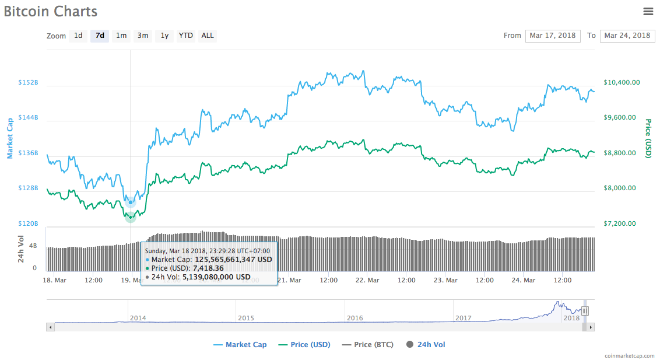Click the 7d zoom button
pyautogui.click(x=100, y=36)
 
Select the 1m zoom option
pyautogui.click(x=121, y=36)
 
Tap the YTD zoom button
pyautogui.click(x=185, y=36)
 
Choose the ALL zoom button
pyautogui.click(x=208, y=36)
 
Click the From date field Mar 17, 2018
pyautogui.click(x=552, y=36)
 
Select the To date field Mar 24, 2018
pyautogui.click(x=627, y=36)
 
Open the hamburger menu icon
pyautogui.click(x=648, y=11)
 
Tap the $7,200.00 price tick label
pyautogui.click(x=619, y=223)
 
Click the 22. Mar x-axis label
pyautogui.click(x=367, y=280)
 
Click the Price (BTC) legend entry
pyautogui.click(x=374, y=345)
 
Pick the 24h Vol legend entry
pyautogui.click(x=431, y=345)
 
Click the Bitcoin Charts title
pyautogui.click(x=51, y=11)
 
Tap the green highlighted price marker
pyautogui.click(x=130, y=217)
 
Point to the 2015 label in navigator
pyautogui.click(x=246, y=318)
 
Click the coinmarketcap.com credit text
pyautogui.click(x=629, y=355)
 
